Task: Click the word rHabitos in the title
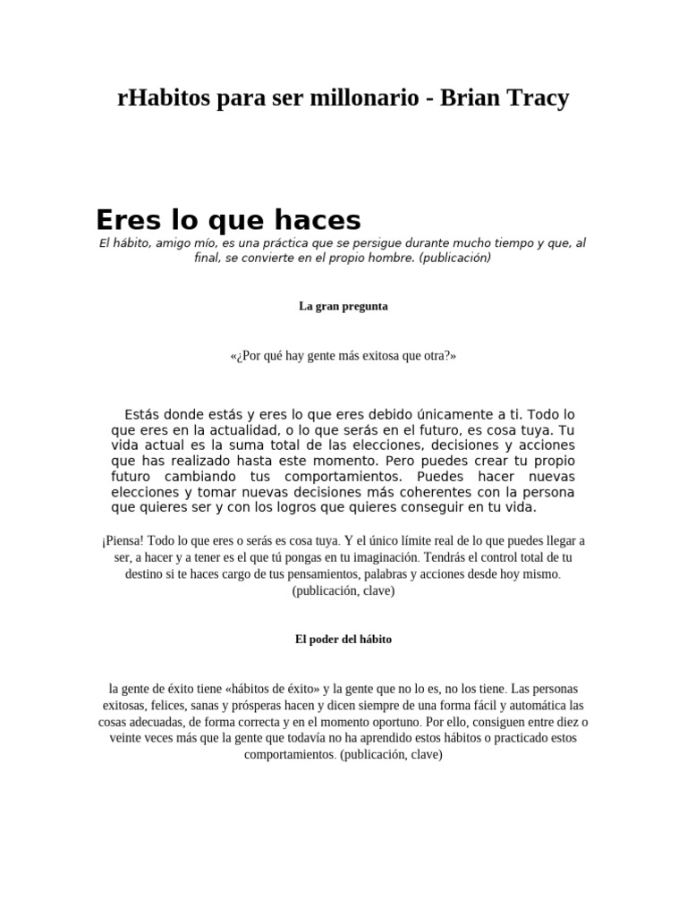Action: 162,98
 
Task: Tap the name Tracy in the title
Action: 532,98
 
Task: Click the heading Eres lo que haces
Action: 228,219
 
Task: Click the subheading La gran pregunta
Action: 343,306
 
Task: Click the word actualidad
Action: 223,430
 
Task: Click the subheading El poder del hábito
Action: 343,640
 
